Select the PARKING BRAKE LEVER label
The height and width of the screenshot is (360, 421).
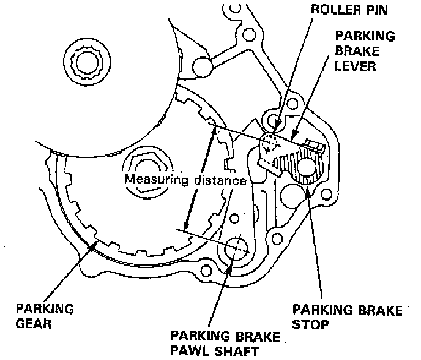tap(365, 50)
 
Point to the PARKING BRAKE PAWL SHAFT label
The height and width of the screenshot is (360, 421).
tap(225, 344)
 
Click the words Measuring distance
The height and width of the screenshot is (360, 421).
tap(185, 181)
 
